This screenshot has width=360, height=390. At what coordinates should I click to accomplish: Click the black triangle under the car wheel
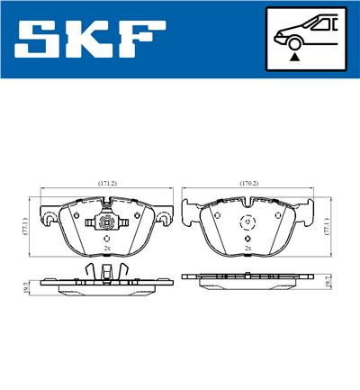coord(293,56)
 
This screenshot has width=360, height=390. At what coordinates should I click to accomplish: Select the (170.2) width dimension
coord(248,183)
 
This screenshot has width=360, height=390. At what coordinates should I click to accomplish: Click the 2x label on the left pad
coord(106,247)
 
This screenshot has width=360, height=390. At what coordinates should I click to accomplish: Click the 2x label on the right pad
coord(247,247)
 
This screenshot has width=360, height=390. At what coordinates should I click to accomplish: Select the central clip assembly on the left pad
coord(106,225)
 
